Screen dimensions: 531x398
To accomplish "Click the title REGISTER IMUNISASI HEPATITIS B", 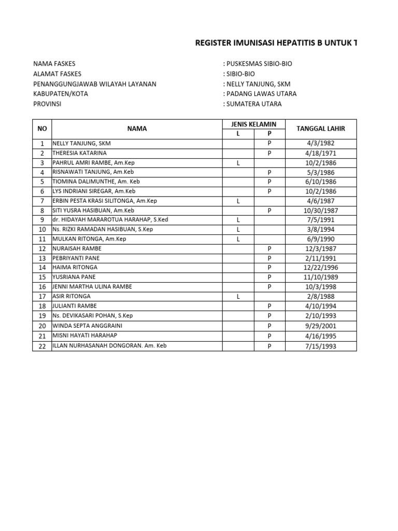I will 275,43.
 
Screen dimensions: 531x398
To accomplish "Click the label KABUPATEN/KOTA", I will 61,94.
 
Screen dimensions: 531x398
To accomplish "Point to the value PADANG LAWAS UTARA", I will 260,94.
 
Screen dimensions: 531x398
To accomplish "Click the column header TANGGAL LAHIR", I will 320,129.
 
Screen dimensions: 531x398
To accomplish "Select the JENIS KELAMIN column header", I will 253,124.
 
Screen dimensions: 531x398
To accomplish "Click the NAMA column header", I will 137,129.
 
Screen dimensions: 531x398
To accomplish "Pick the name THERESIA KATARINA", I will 79,153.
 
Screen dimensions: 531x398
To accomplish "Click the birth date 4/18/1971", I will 320,153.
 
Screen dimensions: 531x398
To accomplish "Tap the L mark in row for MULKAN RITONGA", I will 238,239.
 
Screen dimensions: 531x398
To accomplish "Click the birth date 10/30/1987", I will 320,211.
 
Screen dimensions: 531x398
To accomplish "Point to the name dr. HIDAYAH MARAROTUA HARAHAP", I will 110,220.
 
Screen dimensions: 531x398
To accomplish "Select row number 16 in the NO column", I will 42,287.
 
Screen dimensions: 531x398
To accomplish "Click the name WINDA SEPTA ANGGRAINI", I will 87,326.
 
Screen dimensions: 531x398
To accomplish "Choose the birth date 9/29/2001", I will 320,326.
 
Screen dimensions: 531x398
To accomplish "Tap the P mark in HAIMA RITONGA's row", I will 269,268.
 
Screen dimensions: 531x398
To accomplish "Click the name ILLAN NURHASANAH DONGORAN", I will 109,345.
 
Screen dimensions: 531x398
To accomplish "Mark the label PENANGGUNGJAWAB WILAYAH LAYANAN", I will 95,84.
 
